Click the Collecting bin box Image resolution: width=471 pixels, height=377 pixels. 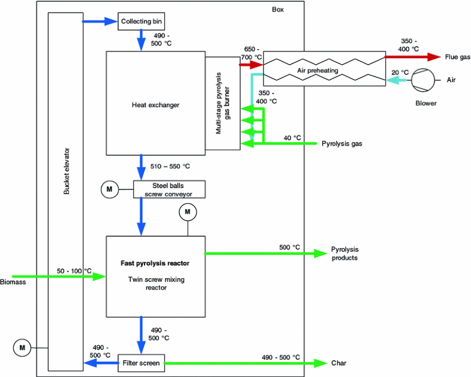point(140,22)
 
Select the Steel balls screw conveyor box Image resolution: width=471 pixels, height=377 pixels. point(169,189)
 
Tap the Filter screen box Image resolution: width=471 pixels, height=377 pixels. point(140,363)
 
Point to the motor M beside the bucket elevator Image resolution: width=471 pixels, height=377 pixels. point(22,347)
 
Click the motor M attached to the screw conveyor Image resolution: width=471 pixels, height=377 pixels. point(109,189)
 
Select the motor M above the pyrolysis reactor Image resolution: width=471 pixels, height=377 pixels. point(187,212)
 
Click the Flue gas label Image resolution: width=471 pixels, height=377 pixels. point(457,58)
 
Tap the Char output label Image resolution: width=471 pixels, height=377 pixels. point(338,363)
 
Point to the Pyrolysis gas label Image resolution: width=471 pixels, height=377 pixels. point(342,144)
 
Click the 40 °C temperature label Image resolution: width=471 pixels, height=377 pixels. point(292,138)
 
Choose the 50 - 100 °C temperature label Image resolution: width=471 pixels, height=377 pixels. point(75,271)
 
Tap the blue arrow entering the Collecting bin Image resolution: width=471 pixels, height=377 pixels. point(99,22)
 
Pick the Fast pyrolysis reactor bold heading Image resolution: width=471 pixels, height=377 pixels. point(155,263)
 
